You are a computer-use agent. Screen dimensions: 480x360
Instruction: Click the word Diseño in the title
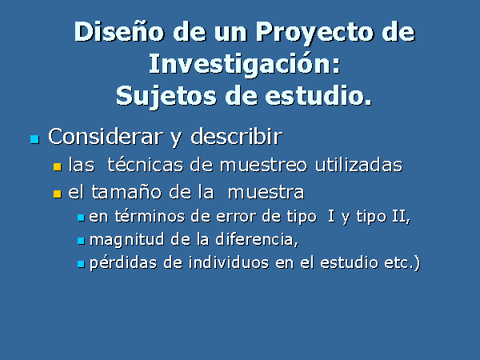tap(119, 31)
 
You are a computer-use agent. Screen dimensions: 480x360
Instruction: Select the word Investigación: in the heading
tap(245, 64)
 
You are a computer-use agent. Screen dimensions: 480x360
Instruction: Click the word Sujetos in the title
tap(166, 97)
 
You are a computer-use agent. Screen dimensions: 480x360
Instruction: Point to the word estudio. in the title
tap(318, 95)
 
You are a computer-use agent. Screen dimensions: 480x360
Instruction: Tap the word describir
tap(236, 136)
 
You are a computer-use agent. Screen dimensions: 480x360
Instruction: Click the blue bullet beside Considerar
tap(34, 139)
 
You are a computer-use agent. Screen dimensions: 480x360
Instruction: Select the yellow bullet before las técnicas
tap(58, 167)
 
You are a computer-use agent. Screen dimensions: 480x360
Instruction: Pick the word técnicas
tap(145, 165)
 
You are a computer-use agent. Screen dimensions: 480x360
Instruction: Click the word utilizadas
tap(358, 165)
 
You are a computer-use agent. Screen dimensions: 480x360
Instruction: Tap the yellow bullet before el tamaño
tap(58, 194)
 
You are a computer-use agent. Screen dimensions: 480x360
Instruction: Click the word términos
tap(150, 217)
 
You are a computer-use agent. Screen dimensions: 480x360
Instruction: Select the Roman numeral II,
tap(401, 217)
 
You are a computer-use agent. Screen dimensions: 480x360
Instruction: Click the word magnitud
tap(126, 240)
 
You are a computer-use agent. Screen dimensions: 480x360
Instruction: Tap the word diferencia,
tap(257, 239)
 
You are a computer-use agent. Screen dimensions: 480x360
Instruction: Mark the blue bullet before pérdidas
tap(81, 264)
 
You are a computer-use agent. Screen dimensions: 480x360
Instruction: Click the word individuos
tap(228, 262)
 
